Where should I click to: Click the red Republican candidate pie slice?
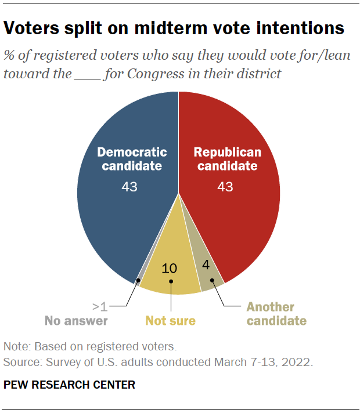244,220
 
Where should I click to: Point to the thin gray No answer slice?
139,277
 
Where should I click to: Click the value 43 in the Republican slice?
226,187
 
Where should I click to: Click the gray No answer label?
77,320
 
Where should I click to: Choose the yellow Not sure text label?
170,320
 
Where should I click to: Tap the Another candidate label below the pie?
271,313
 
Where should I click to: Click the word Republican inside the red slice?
227,153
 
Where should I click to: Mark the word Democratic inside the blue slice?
132,153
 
